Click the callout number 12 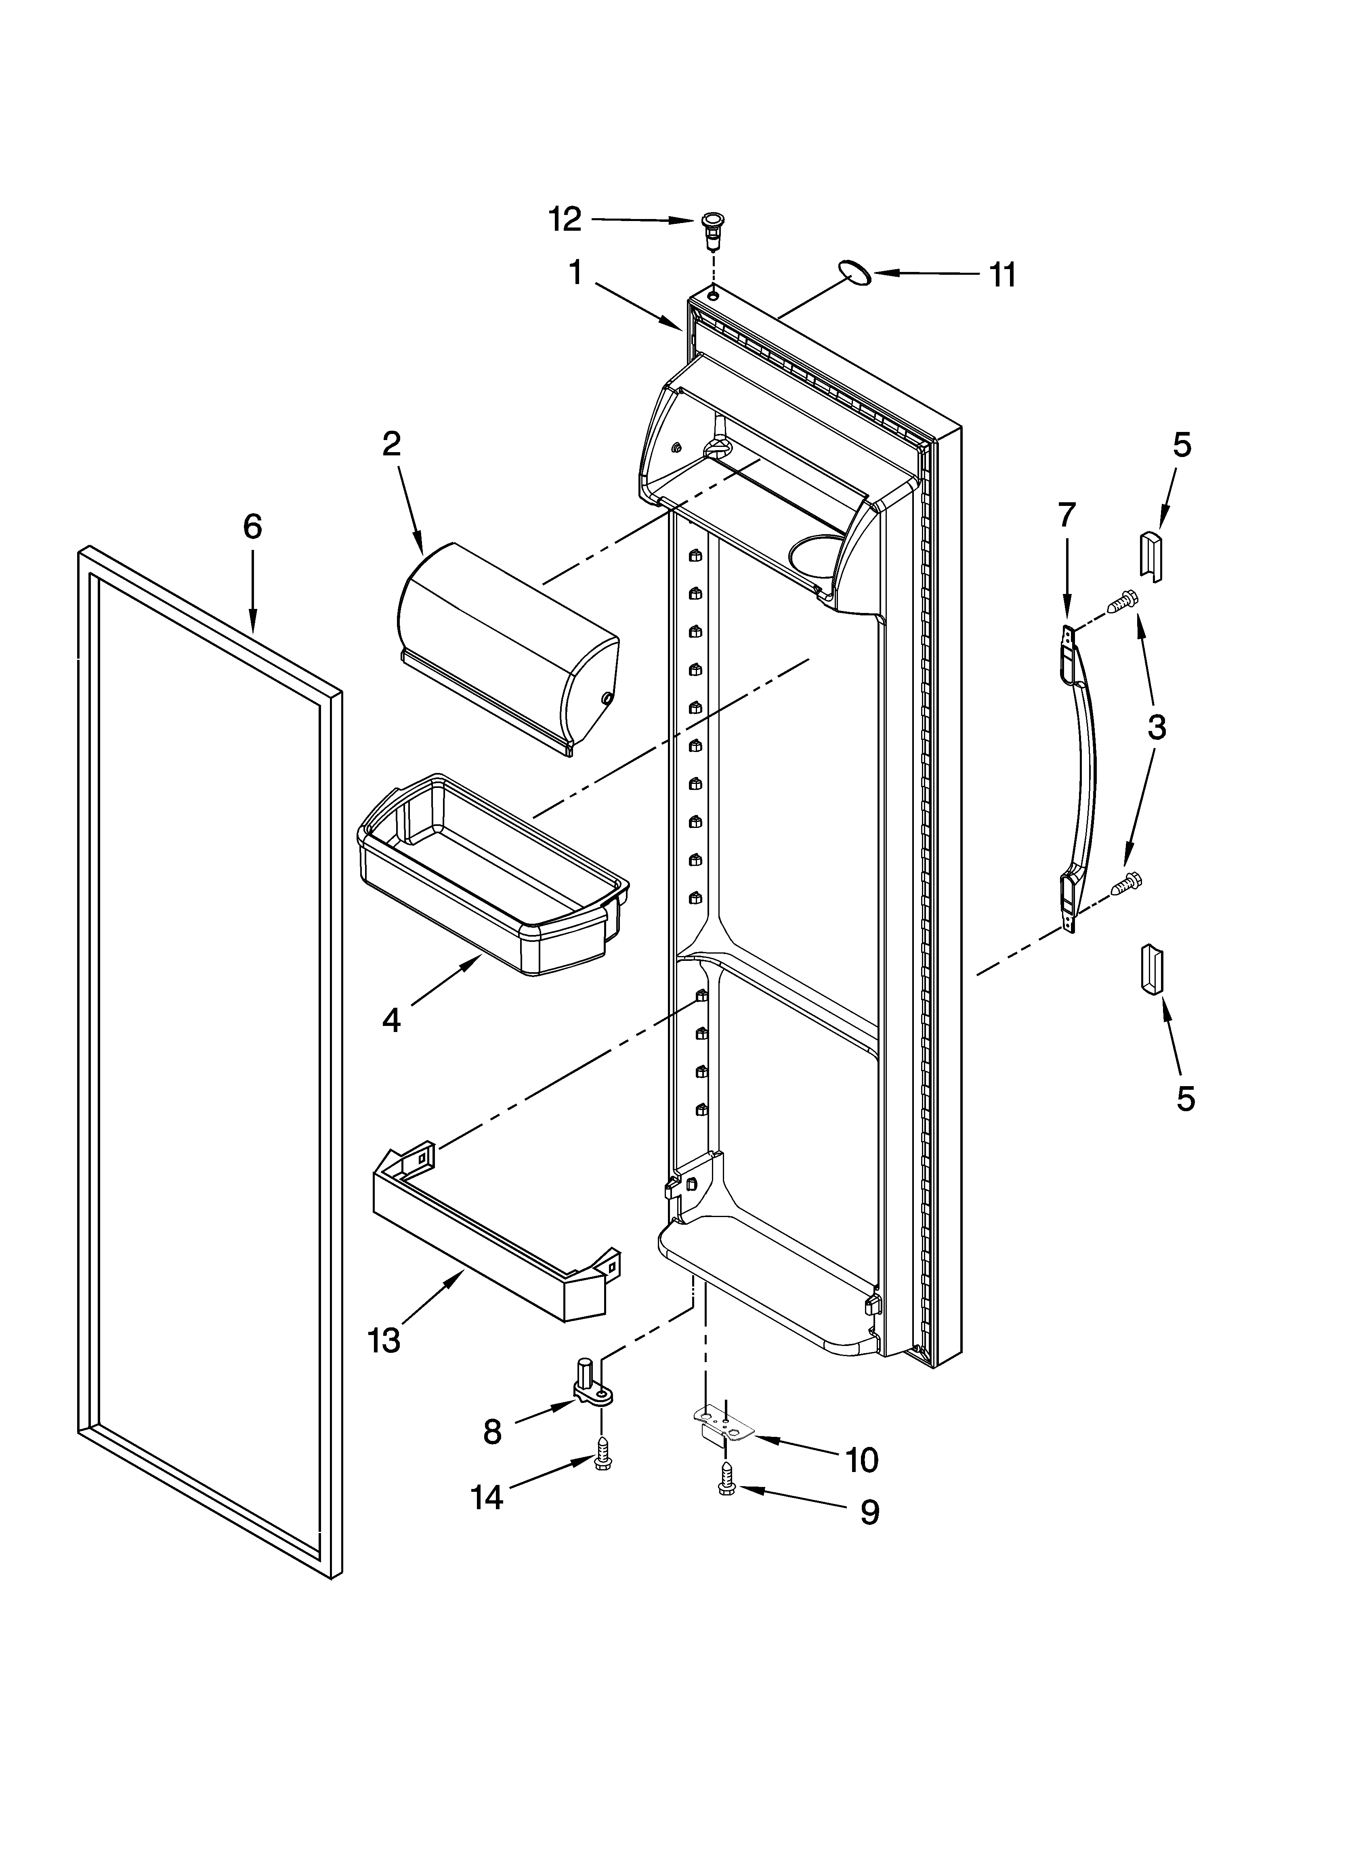coord(565,219)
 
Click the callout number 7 coord(1066,515)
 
